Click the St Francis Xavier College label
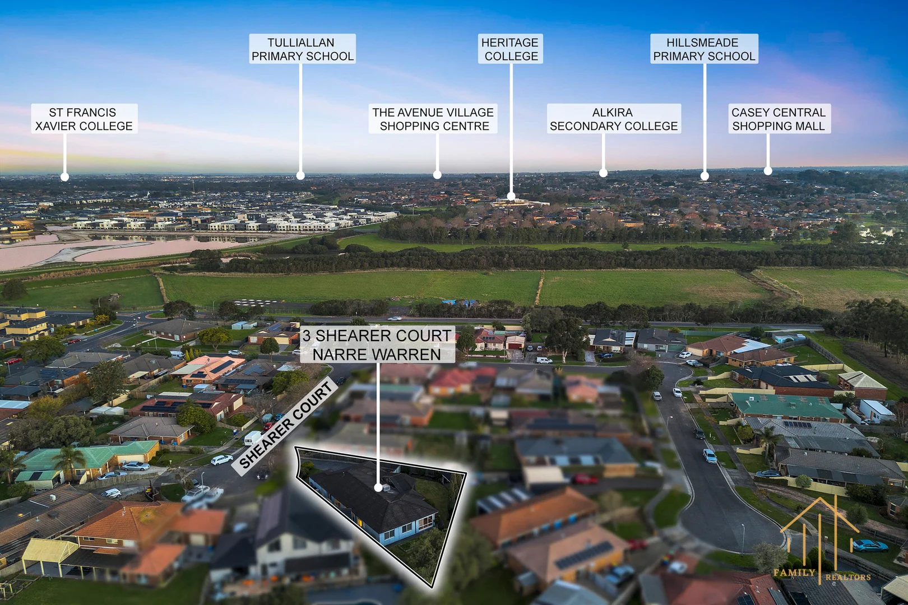(84, 119)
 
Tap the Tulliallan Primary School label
(303, 49)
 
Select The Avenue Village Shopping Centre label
(433, 119)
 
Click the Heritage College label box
(511, 49)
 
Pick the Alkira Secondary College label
(614, 119)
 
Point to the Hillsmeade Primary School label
(704, 49)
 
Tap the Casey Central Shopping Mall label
(779, 119)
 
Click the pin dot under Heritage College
(511, 197)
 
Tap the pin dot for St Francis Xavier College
(64, 176)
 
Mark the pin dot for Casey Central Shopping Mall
(768, 171)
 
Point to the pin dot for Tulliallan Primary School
(300, 175)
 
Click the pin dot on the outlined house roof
(378, 487)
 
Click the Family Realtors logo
(821, 541)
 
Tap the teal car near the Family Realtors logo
(870, 546)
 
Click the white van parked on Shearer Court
(252, 438)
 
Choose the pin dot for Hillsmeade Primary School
(705, 176)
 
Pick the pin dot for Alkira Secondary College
(603, 173)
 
